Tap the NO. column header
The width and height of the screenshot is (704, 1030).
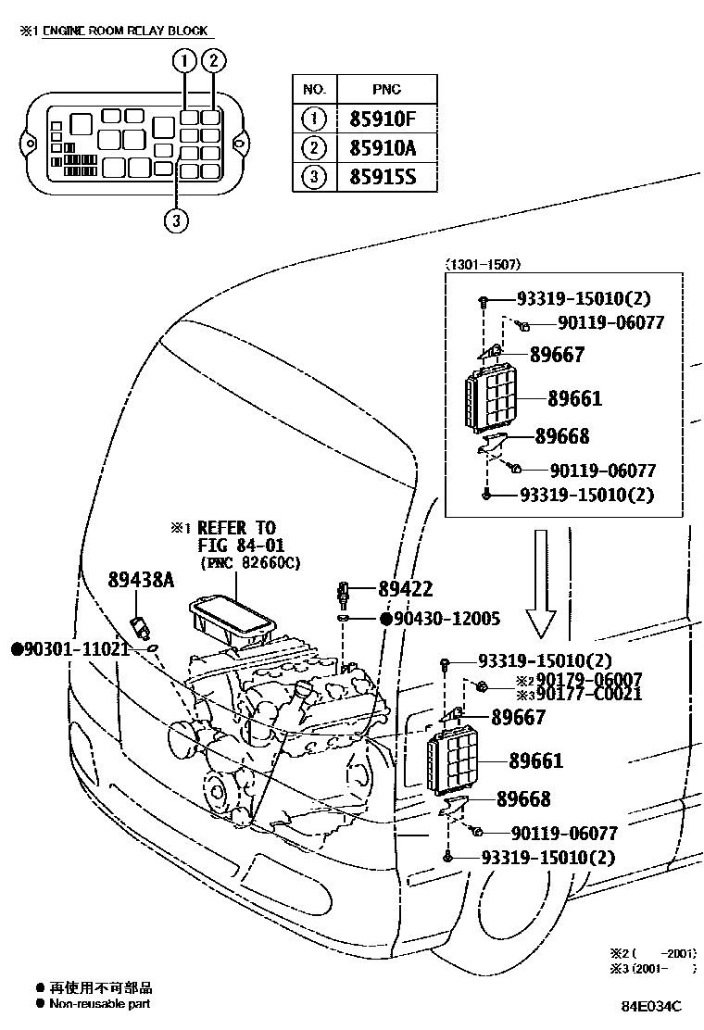315,90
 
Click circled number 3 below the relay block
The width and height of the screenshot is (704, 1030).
175,221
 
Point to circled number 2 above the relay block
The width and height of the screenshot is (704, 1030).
213,62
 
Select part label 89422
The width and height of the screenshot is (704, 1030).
405,589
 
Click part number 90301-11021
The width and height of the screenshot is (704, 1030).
69,648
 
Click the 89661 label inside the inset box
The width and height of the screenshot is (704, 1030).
573,399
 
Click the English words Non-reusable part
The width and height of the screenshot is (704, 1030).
99,1004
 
